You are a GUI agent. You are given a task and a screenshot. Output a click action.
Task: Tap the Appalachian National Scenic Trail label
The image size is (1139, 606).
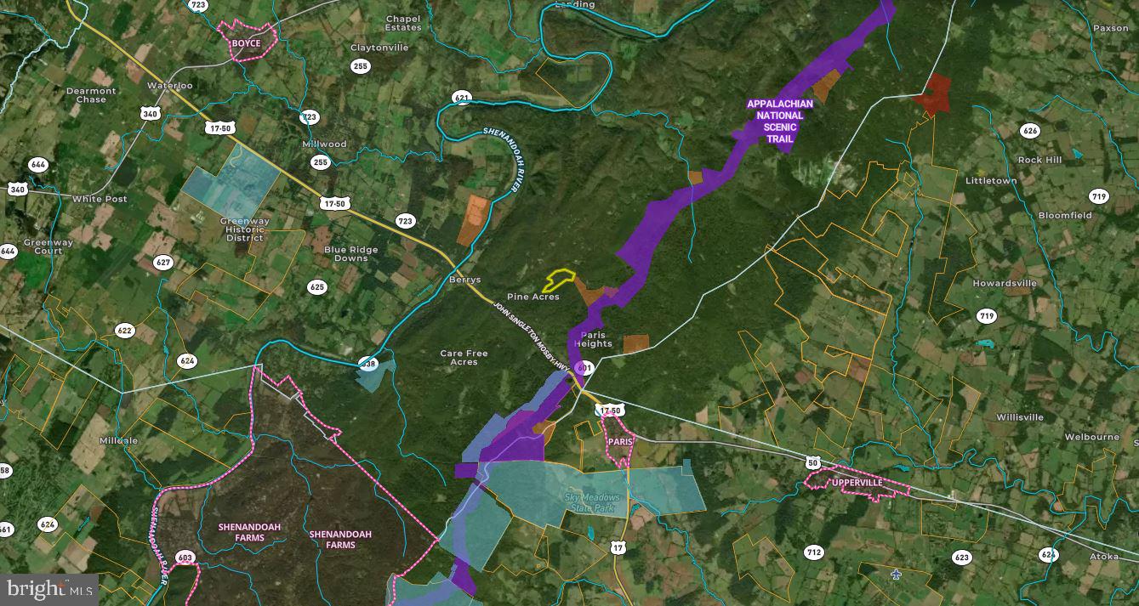pyautogui.click(x=779, y=121)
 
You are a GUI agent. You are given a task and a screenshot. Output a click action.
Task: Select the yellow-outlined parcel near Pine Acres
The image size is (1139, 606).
pyautogui.click(x=559, y=280)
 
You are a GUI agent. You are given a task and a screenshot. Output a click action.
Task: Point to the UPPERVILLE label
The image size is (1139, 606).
pyautogui.click(x=857, y=483)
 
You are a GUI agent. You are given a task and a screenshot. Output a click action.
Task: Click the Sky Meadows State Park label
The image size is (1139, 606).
pyautogui.click(x=593, y=501)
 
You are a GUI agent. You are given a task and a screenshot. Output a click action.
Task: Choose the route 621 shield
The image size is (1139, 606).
pyautogui.click(x=462, y=98)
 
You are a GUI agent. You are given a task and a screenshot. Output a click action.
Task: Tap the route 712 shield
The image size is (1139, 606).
pyautogui.click(x=813, y=552)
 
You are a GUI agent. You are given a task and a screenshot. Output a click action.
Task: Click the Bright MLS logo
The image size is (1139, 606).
pyautogui.click(x=48, y=588)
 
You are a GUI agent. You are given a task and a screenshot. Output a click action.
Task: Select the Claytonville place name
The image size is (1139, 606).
pyautogui.click(x=379, y=48)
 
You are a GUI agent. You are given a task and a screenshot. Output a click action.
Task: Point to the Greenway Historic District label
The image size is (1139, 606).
pyautogui.click(x=245, y=229)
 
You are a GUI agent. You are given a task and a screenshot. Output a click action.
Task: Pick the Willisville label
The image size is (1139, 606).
pyautogui.click(x=1020, y=417)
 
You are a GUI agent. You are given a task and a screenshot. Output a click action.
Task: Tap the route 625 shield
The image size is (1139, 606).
pyautogui.click(x=317, y=287)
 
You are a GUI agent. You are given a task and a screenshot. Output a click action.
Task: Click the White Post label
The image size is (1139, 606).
pyautogui.click(x=100, y=199)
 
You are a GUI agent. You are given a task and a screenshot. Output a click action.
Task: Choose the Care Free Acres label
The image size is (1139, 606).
pyautogui.click(x=464, y=357)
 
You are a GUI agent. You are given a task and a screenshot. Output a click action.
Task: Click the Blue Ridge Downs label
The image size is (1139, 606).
pyautogui.click(x=350, y=253)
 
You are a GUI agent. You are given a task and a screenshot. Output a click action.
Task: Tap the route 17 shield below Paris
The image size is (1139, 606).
pyautogui.click(x=618, y=548)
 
